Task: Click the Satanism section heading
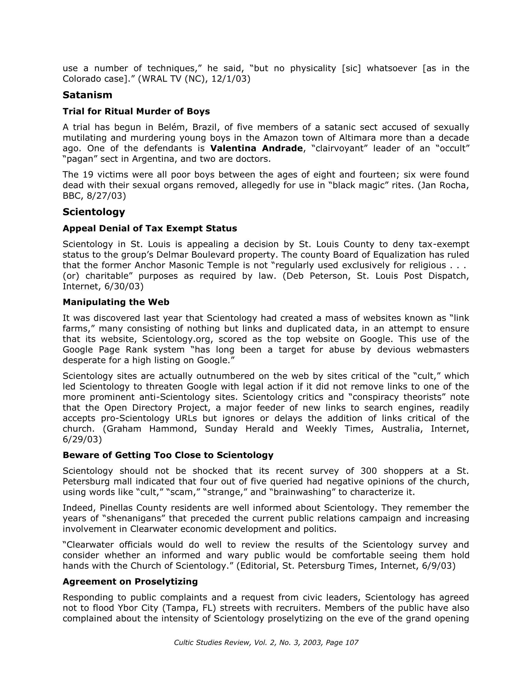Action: [87, 95]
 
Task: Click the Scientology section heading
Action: [94, 212]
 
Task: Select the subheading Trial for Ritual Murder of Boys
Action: [136, 111]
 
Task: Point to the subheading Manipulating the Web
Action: [116, 302]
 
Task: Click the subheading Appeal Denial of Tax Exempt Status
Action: [150, 228]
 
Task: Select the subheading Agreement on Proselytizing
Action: [130, 581]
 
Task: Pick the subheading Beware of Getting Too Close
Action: [168, 455]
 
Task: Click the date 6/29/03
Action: [82, 439]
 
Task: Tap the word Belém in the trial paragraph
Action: [171, 127]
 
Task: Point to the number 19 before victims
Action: [89, 175]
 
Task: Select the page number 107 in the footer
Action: [352, 642]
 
